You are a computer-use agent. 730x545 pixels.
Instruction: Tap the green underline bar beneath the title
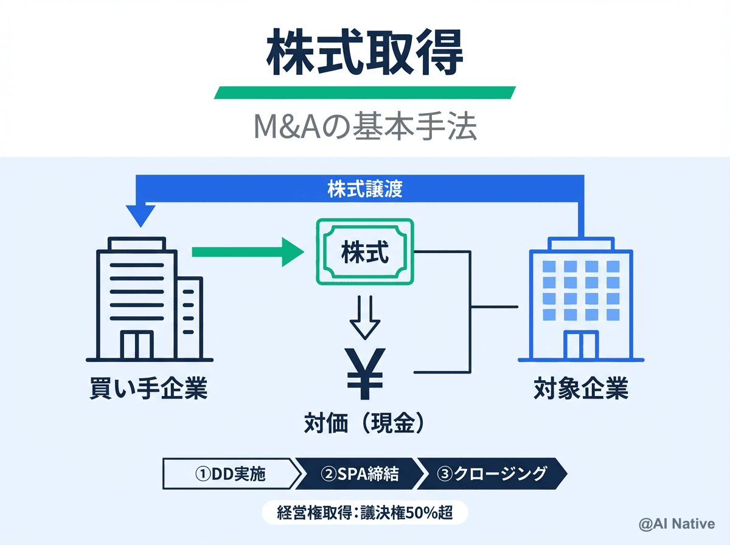point(364,92)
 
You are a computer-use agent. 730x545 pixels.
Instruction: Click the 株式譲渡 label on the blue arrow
point(364,189)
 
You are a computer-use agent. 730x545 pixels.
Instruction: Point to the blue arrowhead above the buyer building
point(141,215)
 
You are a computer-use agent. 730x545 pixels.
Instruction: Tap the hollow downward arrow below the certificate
point(364,317)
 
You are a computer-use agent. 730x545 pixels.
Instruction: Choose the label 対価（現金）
point(364,424)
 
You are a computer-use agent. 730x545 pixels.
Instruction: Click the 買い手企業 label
point(148,389)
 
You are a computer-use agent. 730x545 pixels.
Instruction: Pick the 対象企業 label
point(581,389)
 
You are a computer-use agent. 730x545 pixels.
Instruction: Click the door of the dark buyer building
point(136,345)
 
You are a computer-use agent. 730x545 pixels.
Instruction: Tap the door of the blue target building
point(581,345)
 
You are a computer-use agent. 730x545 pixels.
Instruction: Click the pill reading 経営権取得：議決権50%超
point(364,513)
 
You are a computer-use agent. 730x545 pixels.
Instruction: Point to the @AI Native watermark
point(676,524)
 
